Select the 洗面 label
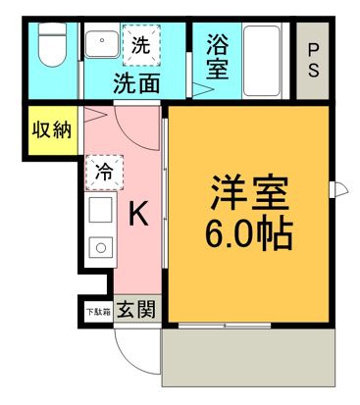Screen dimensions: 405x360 tap(136, 81)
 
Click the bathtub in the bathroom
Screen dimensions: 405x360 tap(265, 59)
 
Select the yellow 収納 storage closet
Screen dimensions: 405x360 tap(48, 130)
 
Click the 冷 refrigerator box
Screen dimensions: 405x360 tap(102, 172)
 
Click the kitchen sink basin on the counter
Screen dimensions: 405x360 tap(101, 210)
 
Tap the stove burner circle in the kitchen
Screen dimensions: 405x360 tap(100, 246)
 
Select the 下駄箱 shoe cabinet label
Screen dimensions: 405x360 tap(96, 311)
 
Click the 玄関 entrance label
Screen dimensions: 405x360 tap(135, 311)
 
